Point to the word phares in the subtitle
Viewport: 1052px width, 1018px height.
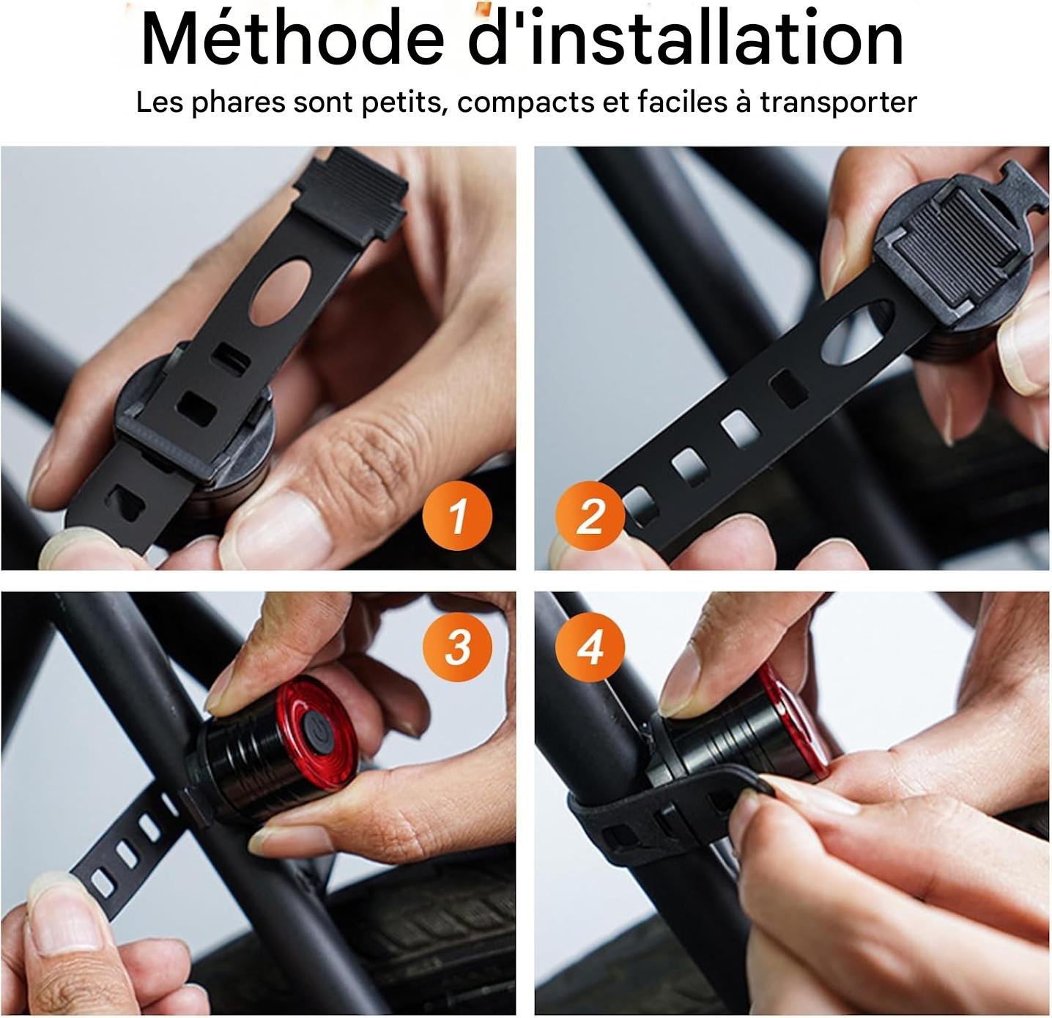(238, 103)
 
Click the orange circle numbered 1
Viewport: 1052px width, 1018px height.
(457, 515)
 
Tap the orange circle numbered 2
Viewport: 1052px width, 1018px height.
(590, 516)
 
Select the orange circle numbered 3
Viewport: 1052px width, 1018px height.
(457, 647)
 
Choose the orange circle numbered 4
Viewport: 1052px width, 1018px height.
(590, 647)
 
